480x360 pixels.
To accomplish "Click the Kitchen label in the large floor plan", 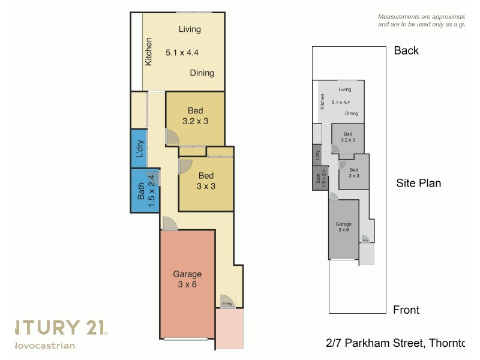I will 149,51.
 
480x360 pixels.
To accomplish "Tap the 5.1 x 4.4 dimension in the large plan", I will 181,53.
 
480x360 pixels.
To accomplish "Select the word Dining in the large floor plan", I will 202,73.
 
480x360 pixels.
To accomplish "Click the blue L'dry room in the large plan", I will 139,148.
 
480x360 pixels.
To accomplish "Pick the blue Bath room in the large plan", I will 142,190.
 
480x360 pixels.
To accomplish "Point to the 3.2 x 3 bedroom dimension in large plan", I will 195,121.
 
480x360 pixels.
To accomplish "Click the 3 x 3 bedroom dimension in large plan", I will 206,186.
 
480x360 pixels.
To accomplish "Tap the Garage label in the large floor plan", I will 187,274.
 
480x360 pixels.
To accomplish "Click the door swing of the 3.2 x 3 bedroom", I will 172,138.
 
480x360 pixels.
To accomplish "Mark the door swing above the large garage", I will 170,223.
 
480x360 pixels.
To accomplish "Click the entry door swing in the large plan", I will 226,298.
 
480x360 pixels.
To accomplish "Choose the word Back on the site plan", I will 406,50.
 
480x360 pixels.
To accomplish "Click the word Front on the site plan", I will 406,310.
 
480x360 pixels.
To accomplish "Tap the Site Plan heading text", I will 418,183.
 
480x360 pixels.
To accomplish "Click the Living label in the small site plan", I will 344,89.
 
